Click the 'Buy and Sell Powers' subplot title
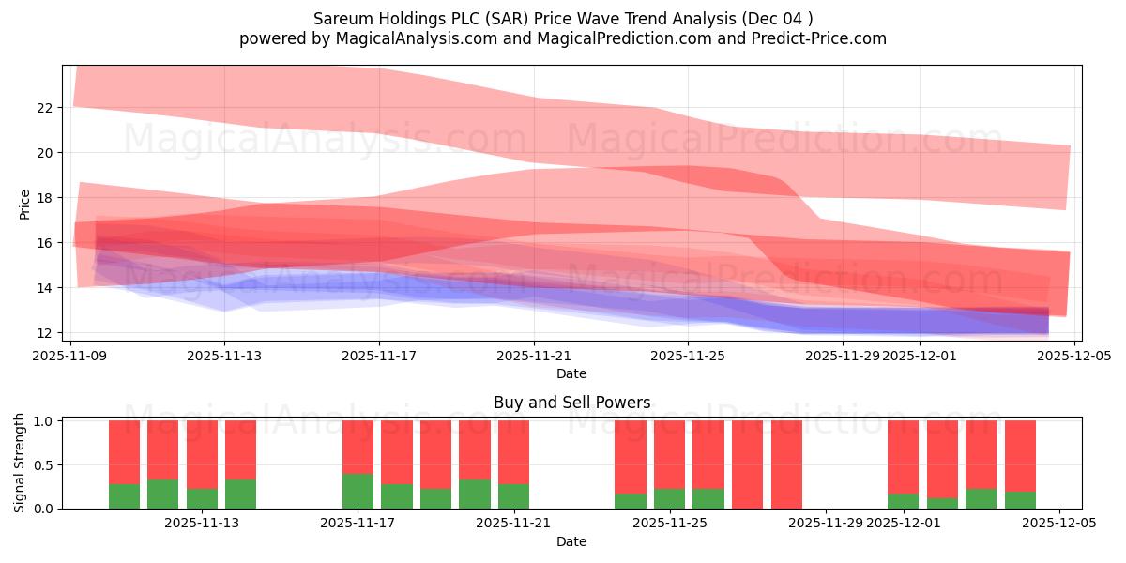coord(571,403)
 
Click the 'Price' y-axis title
coord(25,204)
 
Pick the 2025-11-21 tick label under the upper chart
coord(533,356)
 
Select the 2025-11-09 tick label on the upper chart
coord(71,356)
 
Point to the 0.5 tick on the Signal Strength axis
coord(44,465)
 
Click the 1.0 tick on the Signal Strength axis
coord(44,421)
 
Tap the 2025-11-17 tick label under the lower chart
coord(358,524)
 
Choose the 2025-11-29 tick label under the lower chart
coord(826,524)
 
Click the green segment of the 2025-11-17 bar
coord(358,491)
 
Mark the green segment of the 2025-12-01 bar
coord(903,501)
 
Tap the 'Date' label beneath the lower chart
coord(571,541)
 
